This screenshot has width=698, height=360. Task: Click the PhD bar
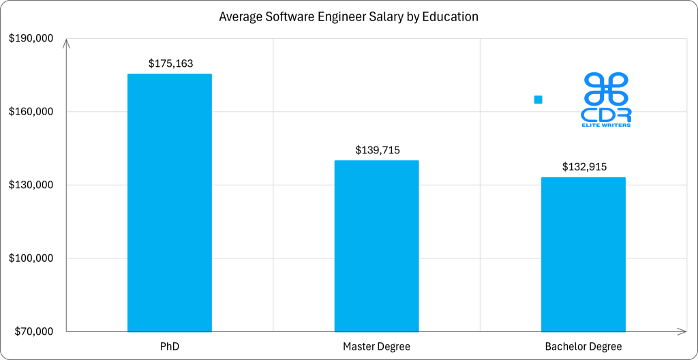(x=170, y=202)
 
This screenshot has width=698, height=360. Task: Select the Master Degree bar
(x=376, y=246)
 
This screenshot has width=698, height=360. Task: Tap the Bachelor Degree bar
(x=583, y=254)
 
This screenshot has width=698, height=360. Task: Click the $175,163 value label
(x=170, y=63)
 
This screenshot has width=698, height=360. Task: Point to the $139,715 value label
(x=377, y=150)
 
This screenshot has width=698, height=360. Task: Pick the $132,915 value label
(x=584, y=166)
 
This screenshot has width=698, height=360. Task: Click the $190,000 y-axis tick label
(x=31, y=38)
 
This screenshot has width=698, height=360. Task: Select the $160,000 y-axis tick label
(x=31, y=111)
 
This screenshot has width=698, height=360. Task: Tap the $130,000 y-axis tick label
(x=31, y=185)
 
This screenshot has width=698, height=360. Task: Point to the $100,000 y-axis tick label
(x=31, y=258)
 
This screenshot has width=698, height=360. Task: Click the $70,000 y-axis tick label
(x=33, y=332)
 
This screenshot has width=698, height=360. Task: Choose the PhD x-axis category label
(x=170, y=346)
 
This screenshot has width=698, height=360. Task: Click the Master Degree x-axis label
(x=376, y=346)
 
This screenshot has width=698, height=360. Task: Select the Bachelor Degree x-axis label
(x=583, y=346)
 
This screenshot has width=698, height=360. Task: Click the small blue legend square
(x=538, y=100)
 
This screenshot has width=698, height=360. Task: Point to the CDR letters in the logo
(x=605, y=114)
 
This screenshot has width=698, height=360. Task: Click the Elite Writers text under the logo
(x=605, y=125)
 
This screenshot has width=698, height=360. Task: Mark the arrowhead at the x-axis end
(x=682, y=331)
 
